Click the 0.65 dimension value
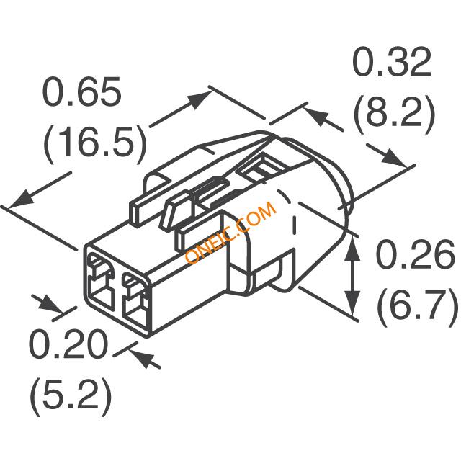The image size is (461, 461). tap(81, 91)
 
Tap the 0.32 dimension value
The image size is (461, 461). tap(392, 61)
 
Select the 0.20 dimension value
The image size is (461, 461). tap(68, 343)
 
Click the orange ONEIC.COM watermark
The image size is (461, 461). tap(231, 233)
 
